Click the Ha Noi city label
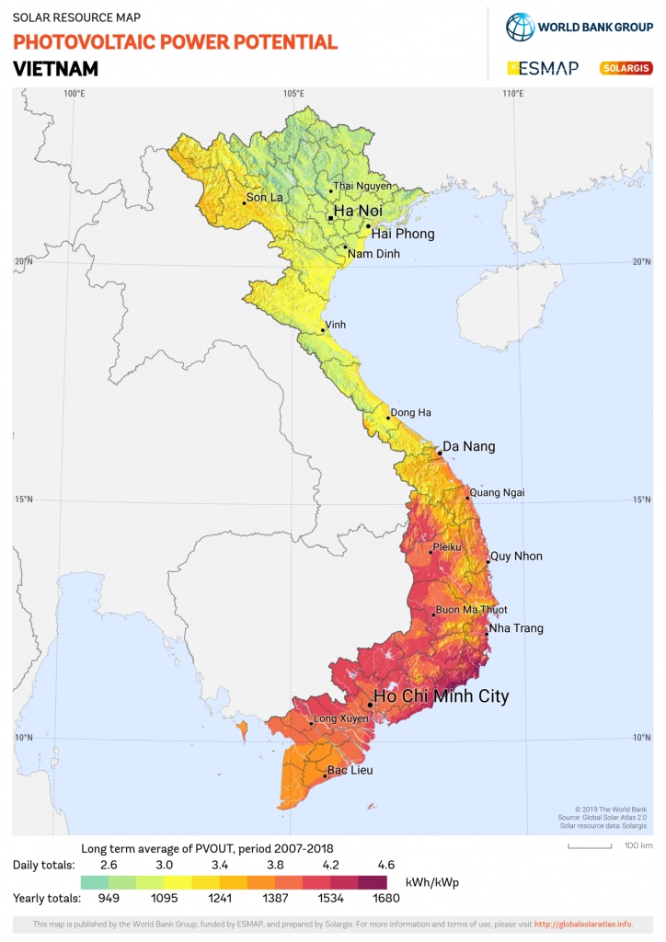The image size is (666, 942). [x=356, y=211]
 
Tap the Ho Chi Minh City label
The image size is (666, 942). [x=441, y=696]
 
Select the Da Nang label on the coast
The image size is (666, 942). [x=469, y=446]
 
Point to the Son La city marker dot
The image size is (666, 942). [x=244, y=202]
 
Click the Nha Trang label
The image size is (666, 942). [x=516, y=628]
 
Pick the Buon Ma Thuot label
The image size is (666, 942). [x=471, y=610]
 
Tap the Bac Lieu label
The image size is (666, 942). [x=350, y=770]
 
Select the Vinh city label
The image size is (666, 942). [x=336, y=325]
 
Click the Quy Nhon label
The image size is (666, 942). [x=516, y=556]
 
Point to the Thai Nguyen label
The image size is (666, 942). [x=362, y=186]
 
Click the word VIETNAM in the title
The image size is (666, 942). [x=55, y=69]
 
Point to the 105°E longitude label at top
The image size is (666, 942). [x=293, y=94]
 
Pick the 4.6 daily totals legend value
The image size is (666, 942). [x=385, y=866]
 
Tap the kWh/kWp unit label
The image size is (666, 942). [x=431, y=882]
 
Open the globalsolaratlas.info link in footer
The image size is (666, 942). [x=582, y=924]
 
